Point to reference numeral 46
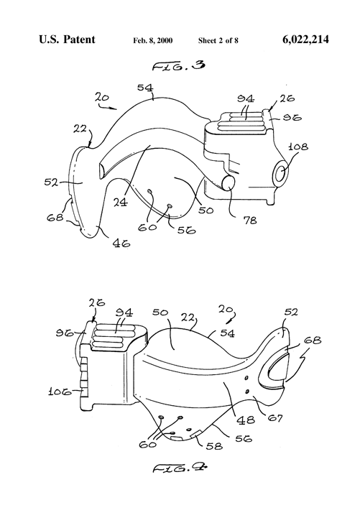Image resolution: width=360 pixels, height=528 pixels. pos(120,244)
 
